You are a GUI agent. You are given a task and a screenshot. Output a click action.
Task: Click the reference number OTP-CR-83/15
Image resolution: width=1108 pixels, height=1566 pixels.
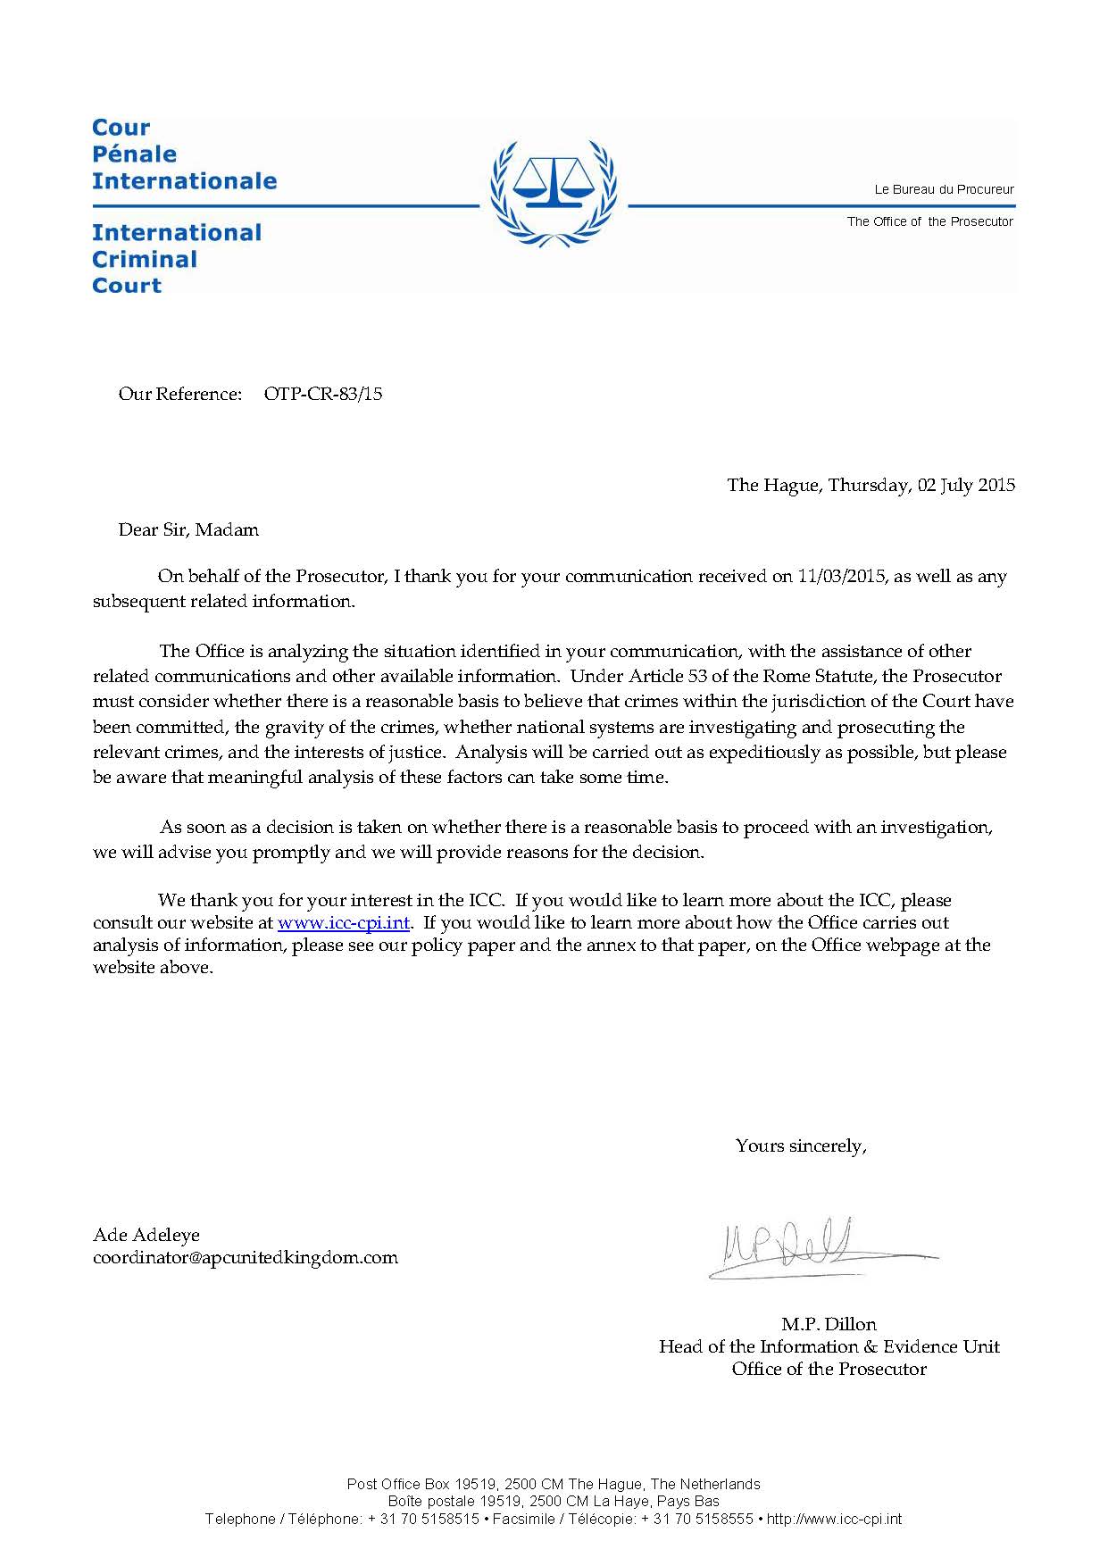pos(323,394)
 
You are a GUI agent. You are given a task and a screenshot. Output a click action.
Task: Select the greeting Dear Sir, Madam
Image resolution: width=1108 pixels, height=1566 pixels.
pos(188,529)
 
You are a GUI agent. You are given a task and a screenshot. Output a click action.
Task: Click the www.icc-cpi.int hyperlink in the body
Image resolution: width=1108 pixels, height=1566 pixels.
pos(344,922)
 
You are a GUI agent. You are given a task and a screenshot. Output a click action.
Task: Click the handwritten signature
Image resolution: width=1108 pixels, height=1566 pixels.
pos(804,1245)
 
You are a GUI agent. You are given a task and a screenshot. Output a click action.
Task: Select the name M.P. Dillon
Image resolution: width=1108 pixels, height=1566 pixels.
pos(829,1324)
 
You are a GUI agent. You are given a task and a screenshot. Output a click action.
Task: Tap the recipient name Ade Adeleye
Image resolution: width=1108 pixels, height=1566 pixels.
pos(146,1235)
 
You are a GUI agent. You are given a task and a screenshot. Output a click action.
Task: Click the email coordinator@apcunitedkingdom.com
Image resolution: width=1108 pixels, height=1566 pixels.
pos(246,1257)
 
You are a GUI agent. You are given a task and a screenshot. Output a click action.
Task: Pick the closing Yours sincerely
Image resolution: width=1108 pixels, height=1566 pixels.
pos(800,1145)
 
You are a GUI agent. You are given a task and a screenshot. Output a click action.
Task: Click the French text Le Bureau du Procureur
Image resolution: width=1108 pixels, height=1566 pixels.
pos(944,189)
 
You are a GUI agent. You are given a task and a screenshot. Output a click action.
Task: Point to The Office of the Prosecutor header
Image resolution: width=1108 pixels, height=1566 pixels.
pos(929,221)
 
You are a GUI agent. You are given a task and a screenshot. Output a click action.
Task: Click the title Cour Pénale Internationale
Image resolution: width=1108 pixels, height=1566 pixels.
pos(184,154)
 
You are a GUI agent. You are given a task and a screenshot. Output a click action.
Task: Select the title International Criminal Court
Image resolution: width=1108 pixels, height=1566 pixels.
pos(177,259)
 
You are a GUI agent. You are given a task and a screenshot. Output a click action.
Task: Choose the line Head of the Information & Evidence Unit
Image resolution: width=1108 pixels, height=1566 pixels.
pos(829,1346)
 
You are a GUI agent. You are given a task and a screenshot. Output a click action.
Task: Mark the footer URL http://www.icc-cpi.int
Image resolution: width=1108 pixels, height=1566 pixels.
pos(834,1519)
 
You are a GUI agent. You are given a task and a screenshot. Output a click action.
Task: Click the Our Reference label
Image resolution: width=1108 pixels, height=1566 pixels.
pos(179,394)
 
